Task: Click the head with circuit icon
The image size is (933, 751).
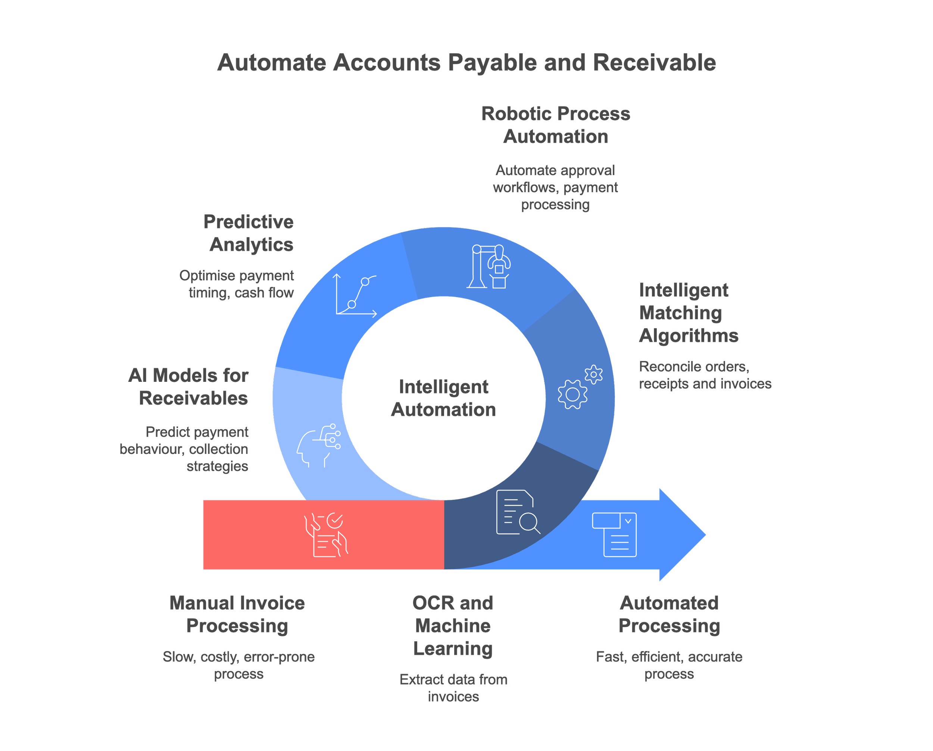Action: pyautogui.click(x=318, y=446)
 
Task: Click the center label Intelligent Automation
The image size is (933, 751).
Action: pyautogui.click(x=444, y=398)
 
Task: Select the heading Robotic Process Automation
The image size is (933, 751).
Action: pyautogui.click(x=556, y=125)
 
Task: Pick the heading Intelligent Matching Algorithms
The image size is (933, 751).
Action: pyautogui.click(x=688, y=312)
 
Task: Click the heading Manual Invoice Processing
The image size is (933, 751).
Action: pyautogui.click(x=237, y=614)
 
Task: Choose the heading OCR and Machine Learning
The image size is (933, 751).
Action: pyautogui.click(x=453, y=626)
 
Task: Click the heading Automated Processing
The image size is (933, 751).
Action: pyautogui.click(x=669, y=614)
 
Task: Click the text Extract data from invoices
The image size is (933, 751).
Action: pyautogui.click(x=453, y=688)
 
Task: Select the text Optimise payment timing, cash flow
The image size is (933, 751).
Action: pyautogui.click(x=237, y=284)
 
